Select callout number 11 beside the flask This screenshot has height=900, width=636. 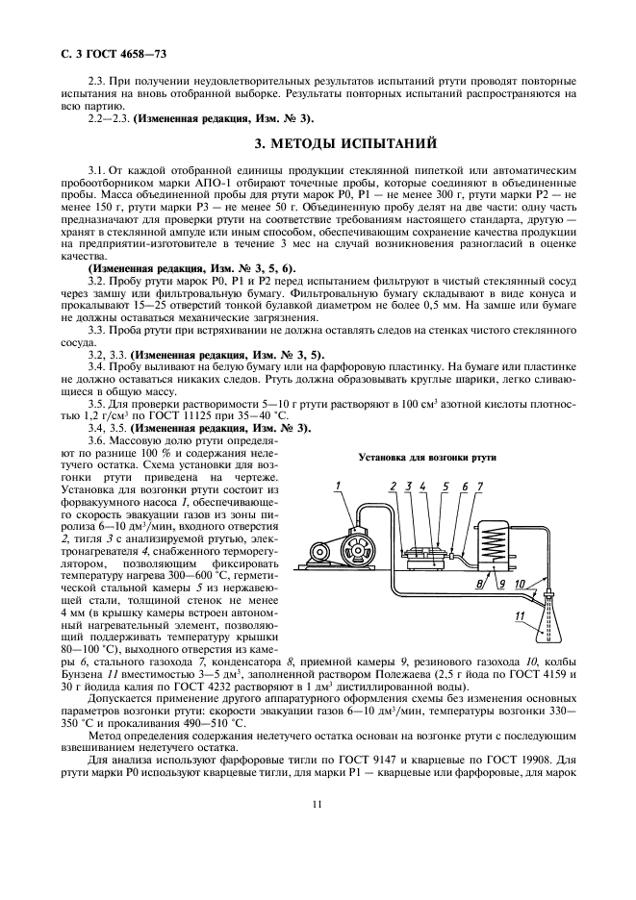tap(521, 614)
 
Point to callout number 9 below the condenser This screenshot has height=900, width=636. tap(498, 583)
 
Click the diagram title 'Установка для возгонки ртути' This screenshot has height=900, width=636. tap(426, 457)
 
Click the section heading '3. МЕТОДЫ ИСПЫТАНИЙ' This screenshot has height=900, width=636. tap(345, 145)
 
